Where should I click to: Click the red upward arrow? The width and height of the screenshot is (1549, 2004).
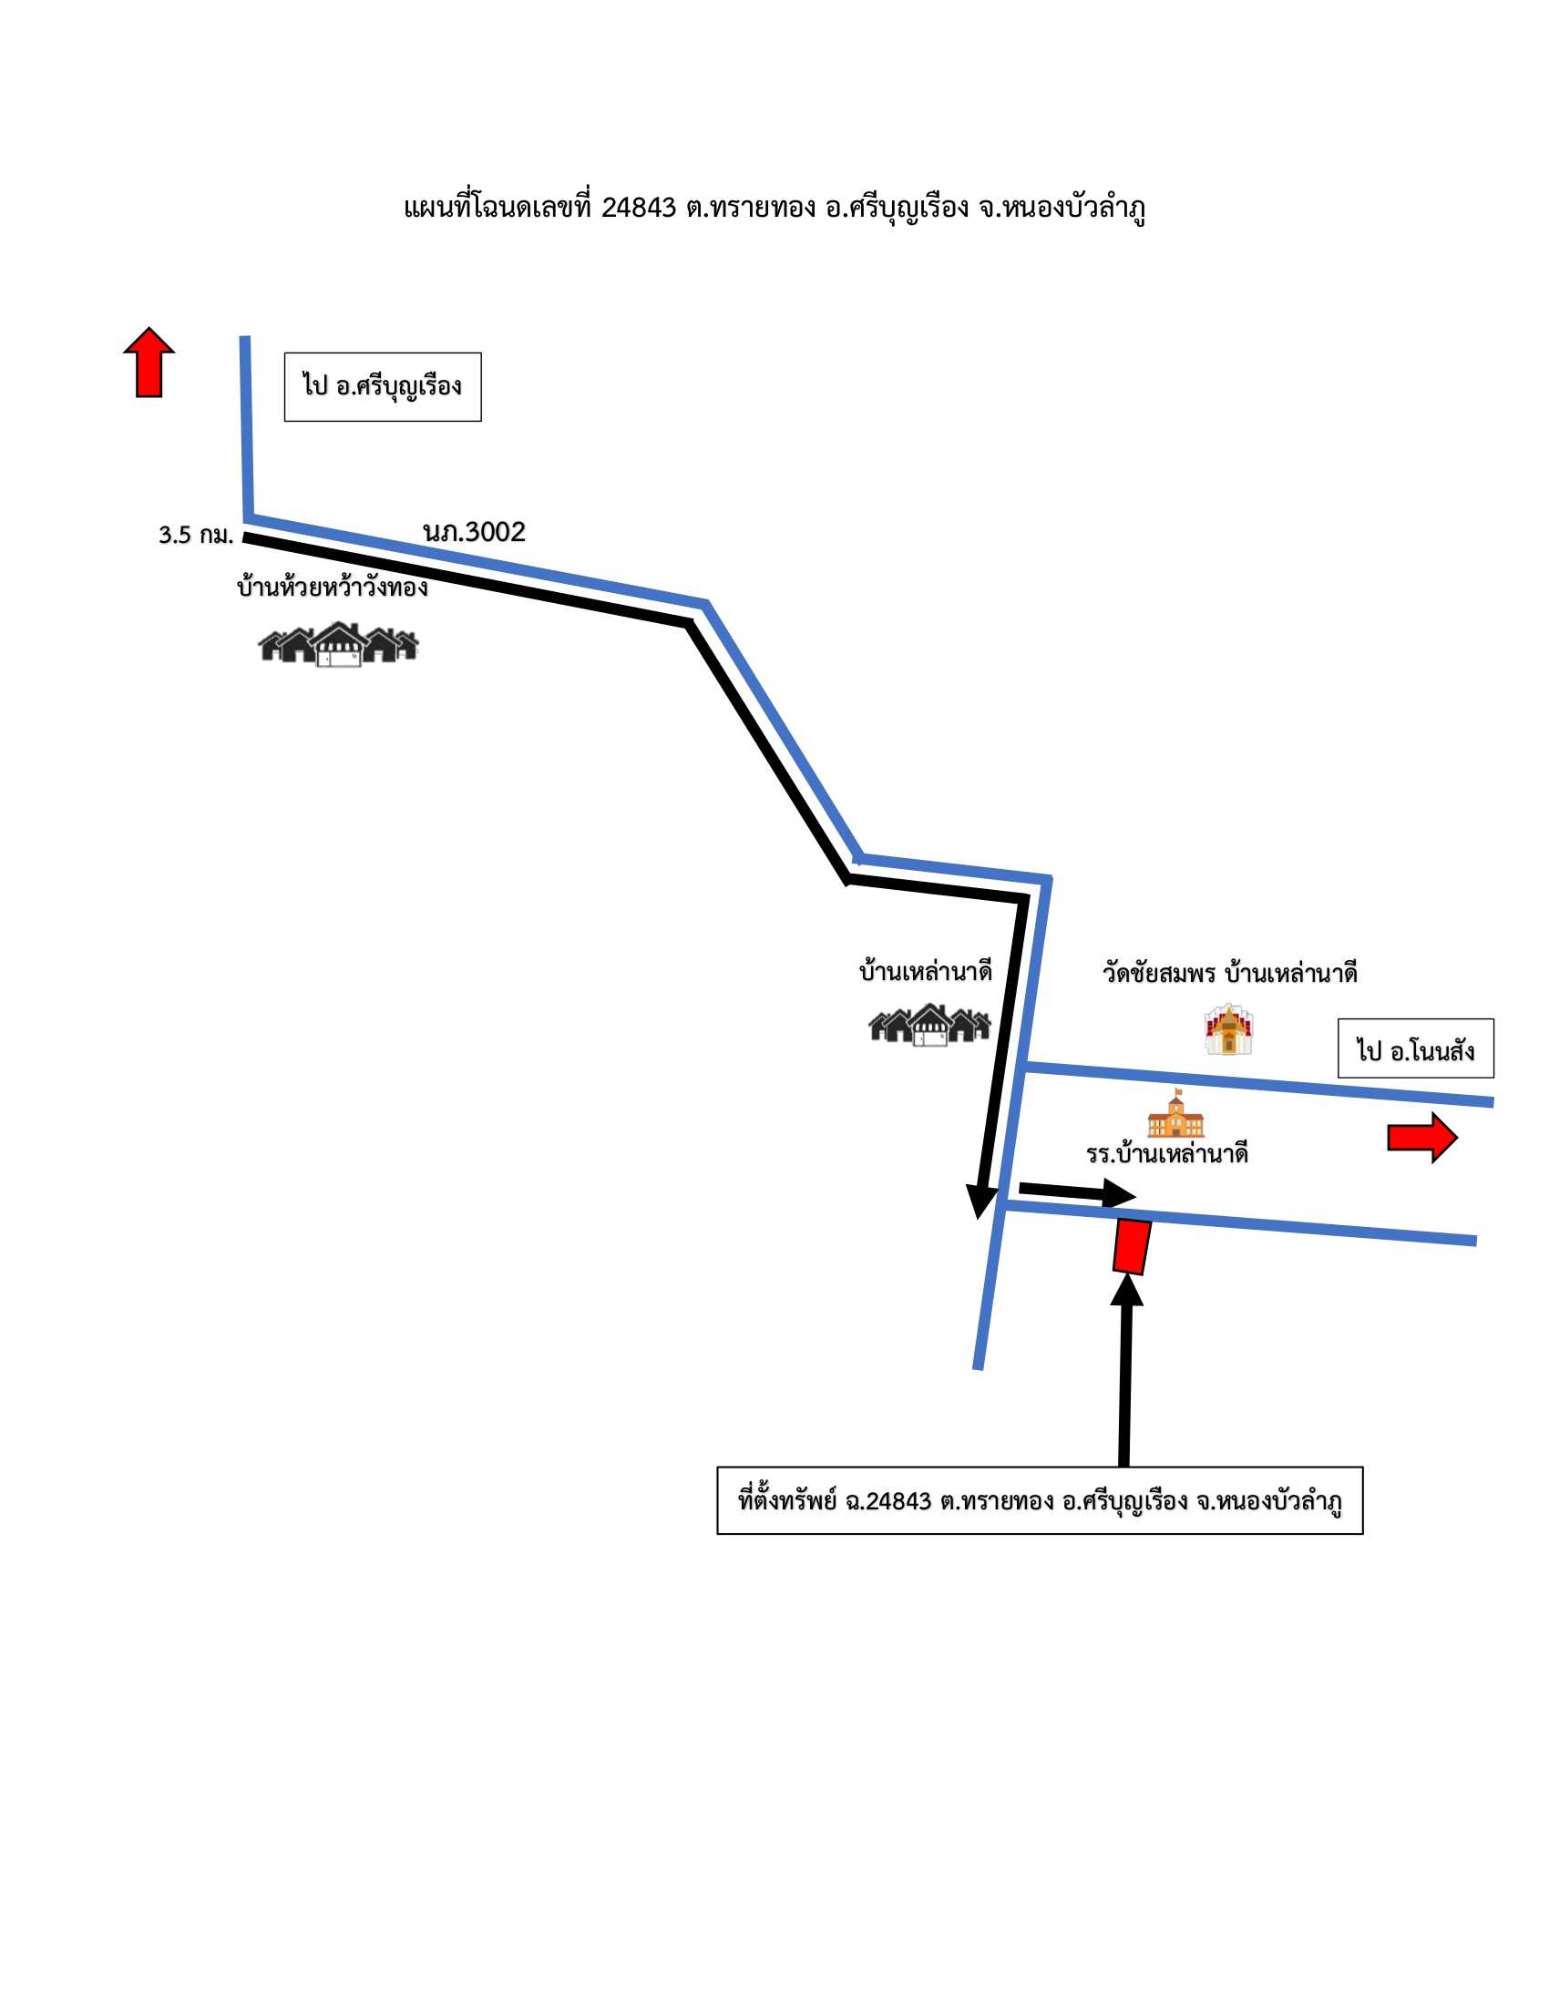(x=149, y=363)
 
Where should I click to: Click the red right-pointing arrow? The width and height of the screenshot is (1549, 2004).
(x=1421, y=1138)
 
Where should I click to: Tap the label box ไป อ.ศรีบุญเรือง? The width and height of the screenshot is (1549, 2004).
(x=383, y=387)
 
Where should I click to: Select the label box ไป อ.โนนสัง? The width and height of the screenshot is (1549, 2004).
(x=1415, y=1048)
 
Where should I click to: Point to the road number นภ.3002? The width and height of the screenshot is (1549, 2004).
(x=475, y=532)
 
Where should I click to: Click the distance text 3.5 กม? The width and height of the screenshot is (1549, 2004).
(x=196, y=535)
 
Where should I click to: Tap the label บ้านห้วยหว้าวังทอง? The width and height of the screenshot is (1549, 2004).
(x=333, y=587)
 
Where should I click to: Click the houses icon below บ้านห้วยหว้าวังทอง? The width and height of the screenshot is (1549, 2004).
(x=339, y=644)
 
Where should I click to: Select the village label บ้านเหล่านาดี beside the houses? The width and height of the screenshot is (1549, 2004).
(x=925, y=972)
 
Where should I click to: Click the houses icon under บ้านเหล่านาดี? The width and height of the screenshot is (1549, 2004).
(x=929, y=1025)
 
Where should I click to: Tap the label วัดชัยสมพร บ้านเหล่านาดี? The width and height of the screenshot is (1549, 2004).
(x=1230, y=973)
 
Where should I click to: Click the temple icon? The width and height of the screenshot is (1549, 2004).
(x=1229, y=1029)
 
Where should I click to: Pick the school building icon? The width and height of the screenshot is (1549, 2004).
(x=1175, y=1113)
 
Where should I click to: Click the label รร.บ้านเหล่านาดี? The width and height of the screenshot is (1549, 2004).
(x=1167, y=1154)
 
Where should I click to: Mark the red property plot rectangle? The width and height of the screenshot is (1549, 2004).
(x=1132, y=1246)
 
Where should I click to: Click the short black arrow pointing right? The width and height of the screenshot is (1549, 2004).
(x=1077, y=1192)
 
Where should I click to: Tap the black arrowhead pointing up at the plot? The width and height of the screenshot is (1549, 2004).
(x=1127, y=1289)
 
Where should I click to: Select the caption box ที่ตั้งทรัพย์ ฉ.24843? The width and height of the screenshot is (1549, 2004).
(x=1040, y=1500)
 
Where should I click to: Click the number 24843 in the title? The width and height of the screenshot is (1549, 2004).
(x=639, y=209)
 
